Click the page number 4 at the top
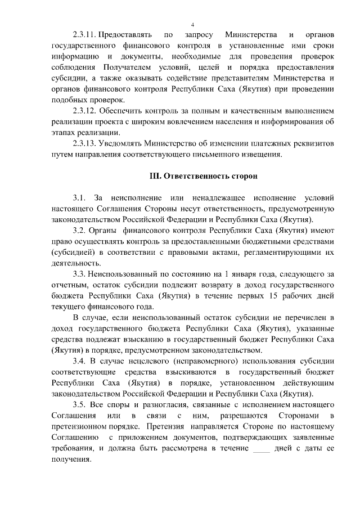pyautogui.click(x=192, y=25)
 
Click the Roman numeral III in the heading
pyautogui.click(x=155, y=177)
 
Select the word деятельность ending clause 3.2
pyautogui.click(x=75, y=263)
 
